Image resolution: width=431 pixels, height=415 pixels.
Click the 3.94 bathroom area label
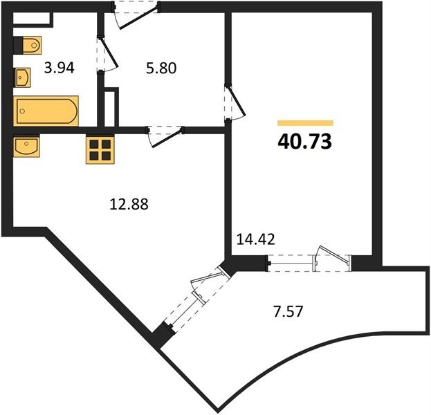tap(59, 68)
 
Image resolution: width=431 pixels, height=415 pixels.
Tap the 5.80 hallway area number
tap(161, 68)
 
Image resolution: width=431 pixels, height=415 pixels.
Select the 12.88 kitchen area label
tap(129, 204)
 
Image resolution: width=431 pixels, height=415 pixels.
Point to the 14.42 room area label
tap(256, 239)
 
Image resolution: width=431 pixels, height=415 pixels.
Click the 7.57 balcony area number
tap(288, 312)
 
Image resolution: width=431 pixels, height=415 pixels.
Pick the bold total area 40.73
tap(305, 142)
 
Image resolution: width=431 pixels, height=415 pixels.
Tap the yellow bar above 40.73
tap(305, 123)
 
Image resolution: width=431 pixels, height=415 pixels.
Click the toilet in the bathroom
tap(28, 45)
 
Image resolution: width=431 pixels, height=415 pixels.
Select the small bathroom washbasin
tap(22, 77)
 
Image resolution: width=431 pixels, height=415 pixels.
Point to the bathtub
tap(46, 111)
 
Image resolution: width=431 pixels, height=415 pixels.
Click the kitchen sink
tap(26, 146)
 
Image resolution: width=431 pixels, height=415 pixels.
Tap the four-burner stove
tap(100, 150)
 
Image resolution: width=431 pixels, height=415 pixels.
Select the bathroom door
tap(107, 55)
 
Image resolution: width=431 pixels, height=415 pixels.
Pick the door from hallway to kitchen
tap(165, 136)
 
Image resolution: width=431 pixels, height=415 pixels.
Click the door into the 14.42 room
tap(235, 102)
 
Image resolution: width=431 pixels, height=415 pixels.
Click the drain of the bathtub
tap(23, 111)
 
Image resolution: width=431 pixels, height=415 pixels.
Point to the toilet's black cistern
tap(18, 45)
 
